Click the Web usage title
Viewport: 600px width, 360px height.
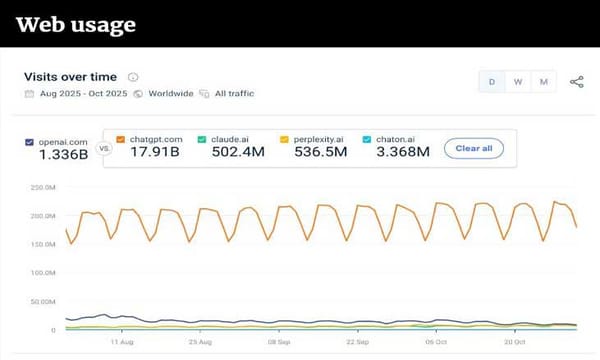(x=76, y=24)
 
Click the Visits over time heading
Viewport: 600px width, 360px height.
(x=70, y=77)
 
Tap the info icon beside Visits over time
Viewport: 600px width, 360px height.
(x=133, y=77)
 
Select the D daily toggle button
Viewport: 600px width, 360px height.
(x=492, y=82)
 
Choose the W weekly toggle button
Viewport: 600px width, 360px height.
(x=518, y=82)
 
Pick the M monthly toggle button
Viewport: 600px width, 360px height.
(x=544, y=82)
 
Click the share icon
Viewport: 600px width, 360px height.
(x=577, y=82)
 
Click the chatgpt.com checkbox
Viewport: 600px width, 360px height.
(x=121, y=140)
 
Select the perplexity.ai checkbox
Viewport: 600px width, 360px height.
(x=285, y=140)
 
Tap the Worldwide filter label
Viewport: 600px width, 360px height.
(x=172, y=94)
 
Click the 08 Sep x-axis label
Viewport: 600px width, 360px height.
(x=279, y=341)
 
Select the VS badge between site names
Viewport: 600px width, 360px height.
(x=104, y=147)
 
